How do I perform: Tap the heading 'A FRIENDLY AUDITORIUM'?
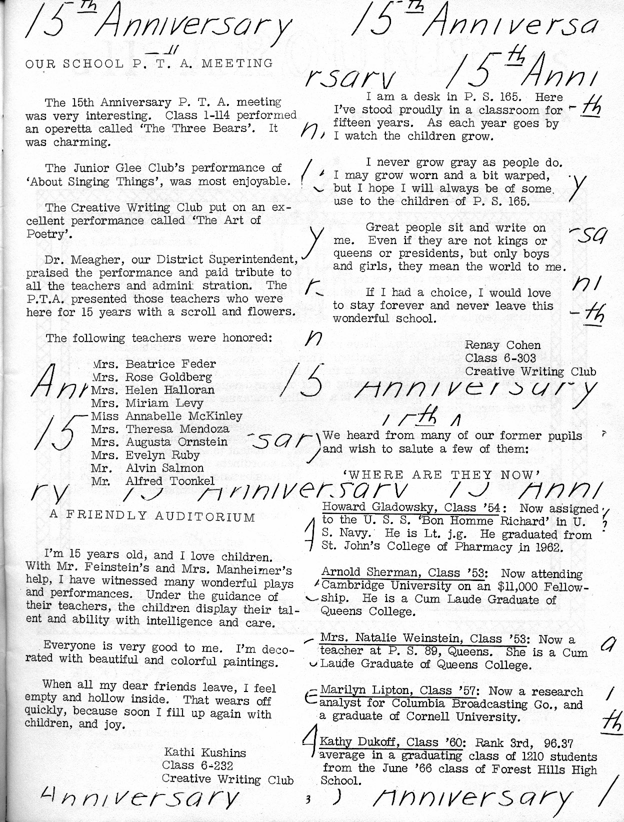[152, 516]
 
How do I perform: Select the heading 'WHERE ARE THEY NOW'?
[441, 474]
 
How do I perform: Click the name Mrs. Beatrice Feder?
[154, 364]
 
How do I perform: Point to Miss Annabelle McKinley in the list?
[166, 416]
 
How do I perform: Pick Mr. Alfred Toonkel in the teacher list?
[152, 481]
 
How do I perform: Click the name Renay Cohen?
[502, 345]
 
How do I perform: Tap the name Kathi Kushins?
[205, 752]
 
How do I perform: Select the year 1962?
[546, 547]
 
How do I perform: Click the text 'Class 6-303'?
[500, 358]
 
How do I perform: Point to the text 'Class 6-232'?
[197, 765]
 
